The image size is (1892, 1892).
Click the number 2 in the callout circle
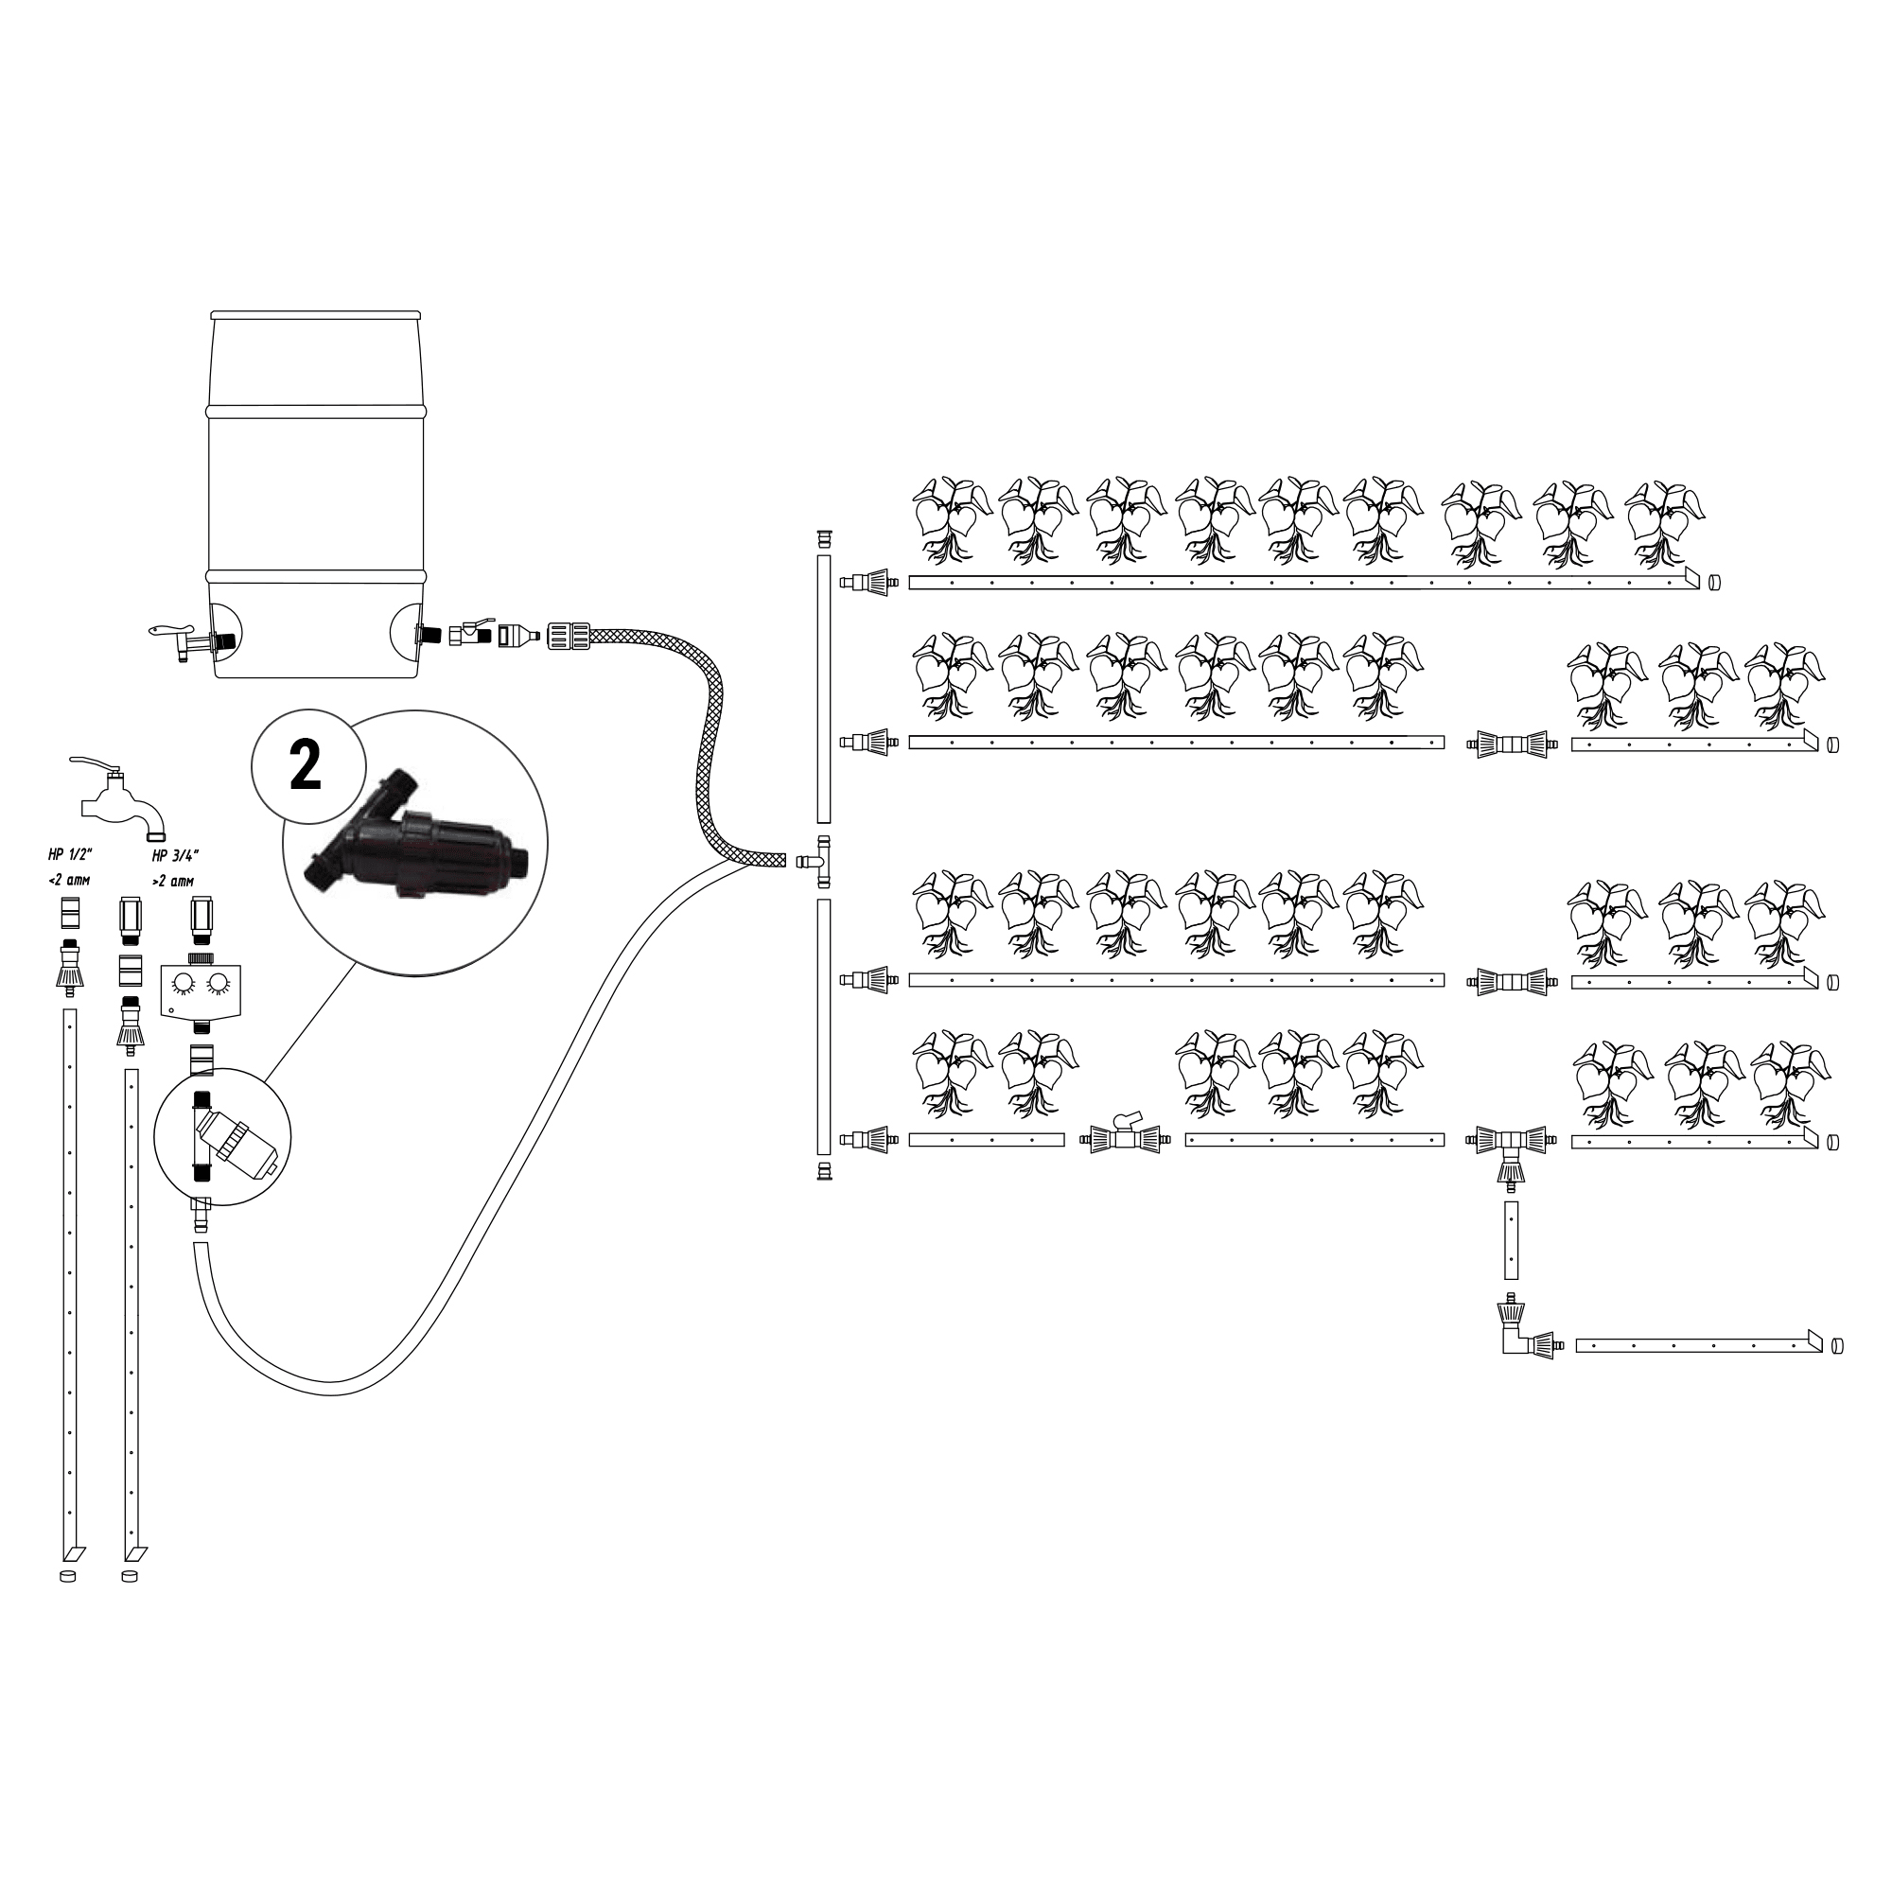click(307, 768)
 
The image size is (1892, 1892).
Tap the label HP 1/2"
click(69, 854)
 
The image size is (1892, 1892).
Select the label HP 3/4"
click(176, 854)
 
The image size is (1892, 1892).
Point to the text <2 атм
click(68, 880)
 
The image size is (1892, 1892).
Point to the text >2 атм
click(173, 881)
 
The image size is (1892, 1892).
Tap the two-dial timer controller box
click(200, 990)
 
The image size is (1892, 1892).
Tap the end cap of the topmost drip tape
click(1714, 582)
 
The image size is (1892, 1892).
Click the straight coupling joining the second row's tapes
click(1512, 744)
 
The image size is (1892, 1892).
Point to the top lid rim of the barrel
click(316, 315)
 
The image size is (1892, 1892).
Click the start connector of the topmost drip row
click(869, 582)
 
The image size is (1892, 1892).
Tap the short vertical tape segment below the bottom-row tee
click(1511, 1239)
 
